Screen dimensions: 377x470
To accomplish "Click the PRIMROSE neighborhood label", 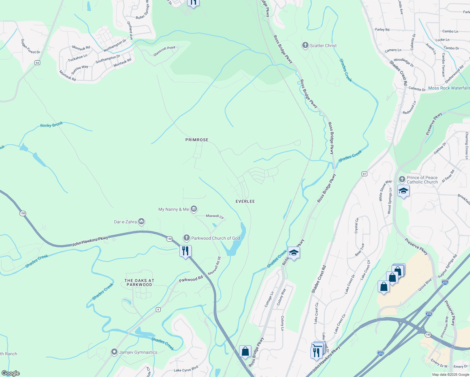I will point(197,140).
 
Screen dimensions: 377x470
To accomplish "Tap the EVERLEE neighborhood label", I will point(245,201).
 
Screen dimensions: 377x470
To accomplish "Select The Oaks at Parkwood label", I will point(139,282).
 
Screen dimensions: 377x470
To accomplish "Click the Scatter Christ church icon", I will point(305,46).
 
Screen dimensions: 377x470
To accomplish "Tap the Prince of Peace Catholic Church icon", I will point(402,179).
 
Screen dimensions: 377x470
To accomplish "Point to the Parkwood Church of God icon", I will point(187,238).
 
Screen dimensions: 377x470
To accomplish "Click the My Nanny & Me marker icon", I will point(194,209).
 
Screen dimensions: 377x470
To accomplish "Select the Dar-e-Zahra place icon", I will point(141,222).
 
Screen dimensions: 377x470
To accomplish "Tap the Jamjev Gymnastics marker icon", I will point(114,352).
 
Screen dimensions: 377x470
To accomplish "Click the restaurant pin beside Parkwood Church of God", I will point(185,251).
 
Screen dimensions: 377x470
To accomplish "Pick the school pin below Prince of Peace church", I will point(403,191).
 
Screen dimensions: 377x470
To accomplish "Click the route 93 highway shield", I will point(37,63).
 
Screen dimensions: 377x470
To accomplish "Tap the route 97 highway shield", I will point(364,174).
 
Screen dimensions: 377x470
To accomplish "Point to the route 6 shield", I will point(158,309).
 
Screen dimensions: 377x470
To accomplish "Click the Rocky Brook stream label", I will point(52,125).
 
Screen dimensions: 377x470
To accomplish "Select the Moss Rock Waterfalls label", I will point(449,88).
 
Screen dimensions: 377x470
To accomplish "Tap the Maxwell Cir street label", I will point(215,216).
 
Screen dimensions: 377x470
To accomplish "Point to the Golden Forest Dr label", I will point(30,46).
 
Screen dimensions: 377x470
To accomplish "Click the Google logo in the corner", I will point(11,373).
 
